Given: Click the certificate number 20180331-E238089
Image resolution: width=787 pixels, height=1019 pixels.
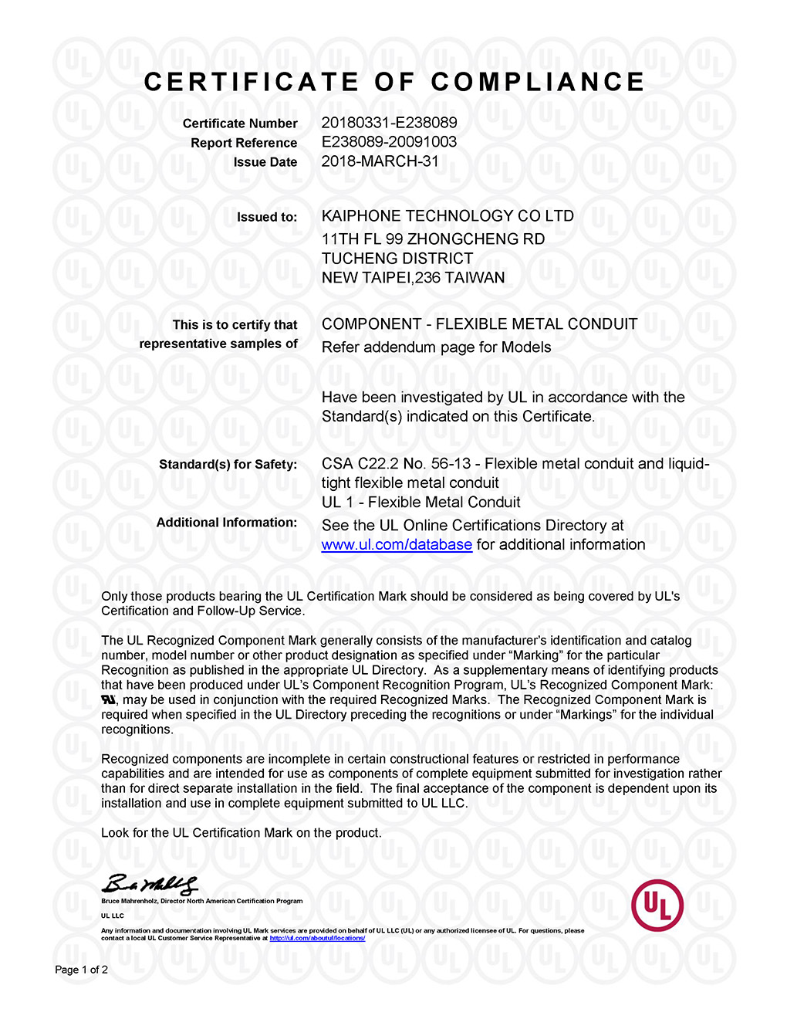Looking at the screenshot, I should pyautogui.click(x=389, y=123).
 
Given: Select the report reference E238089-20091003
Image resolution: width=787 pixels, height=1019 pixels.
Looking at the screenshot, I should pyautogui.click(x=389, y=142).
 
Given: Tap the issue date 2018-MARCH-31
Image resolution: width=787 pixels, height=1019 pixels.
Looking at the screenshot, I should pyautogui.click(x=380, y=161).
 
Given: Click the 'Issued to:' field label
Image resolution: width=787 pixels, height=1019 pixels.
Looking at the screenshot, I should pyautogui.click(x=267, y=218).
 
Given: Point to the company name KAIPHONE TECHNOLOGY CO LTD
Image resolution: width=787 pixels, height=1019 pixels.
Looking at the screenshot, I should pyautogui.click(x=448, y=216).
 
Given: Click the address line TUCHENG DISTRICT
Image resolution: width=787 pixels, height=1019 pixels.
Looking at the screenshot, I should pyautogui.click(x=397, y=259).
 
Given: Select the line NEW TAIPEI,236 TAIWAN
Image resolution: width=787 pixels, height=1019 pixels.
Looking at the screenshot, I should pyautogui.click(x=413, y=278).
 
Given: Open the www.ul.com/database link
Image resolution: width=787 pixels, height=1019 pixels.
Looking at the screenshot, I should pyautogui.click(x=397, y=545).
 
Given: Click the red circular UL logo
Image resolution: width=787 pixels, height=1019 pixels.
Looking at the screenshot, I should pyautogui.click(x=657, y=905).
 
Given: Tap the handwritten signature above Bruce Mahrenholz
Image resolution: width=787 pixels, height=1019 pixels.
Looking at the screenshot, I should pyautogui.click(x=150, y=884).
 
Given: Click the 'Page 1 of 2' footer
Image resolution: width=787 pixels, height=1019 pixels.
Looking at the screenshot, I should pyautogui.click(x=81, y=970).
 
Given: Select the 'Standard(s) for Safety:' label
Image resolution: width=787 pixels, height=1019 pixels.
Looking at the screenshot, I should pyautogui.click(x=228, y=465).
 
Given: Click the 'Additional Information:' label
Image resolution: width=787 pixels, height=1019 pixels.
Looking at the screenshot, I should pyautogui.click(x=227, y=523).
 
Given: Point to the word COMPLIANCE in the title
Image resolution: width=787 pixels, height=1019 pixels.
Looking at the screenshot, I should pyautogui.click(x=538, y=82).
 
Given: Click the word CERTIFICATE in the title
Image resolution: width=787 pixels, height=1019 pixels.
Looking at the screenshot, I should pyautogui.click(x=252, y=82).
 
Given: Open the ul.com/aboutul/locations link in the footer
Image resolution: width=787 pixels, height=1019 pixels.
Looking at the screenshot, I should pyautogui.click(x=317, y=939).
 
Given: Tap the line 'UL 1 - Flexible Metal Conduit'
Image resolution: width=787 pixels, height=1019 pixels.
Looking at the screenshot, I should pyautogui.click(x=421, y=503).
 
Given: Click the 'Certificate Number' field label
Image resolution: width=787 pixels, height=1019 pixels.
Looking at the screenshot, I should pyautogui.click(x=240, y=124).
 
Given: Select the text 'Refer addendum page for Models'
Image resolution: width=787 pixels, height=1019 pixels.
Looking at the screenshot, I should pyautogui.click(x=436, y=347).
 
